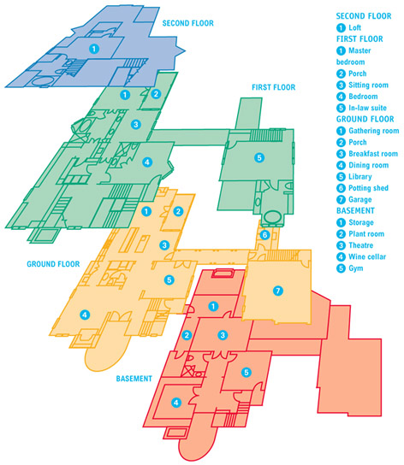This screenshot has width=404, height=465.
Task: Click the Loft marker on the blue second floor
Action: tap(94, 49)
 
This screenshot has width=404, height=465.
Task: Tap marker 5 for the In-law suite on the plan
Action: tap(259, 157)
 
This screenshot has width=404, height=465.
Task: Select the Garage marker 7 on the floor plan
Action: tap(278, 291)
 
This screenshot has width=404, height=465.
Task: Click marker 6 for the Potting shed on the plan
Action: tap(264, 235)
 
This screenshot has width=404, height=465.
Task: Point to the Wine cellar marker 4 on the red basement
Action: tap(176, 403)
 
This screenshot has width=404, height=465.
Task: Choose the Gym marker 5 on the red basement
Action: tap(247, 373)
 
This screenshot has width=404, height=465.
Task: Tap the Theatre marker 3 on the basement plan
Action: tap(223, 335)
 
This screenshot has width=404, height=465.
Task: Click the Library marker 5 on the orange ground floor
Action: tap(169, 280)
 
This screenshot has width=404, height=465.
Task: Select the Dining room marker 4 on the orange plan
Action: tap(85, 315)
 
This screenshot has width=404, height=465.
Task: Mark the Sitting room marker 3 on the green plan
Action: tap(136, 124)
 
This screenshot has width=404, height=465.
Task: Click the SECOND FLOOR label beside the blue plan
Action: tap(188, 23)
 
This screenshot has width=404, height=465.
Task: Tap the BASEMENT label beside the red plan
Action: tap(134, 379)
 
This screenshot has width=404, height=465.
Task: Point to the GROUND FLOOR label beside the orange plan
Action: tap(53, 264)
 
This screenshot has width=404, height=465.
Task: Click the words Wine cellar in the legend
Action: tap(367, 256)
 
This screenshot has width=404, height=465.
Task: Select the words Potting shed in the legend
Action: tap(368, 188)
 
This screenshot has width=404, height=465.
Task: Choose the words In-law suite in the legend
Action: tap(367, 108)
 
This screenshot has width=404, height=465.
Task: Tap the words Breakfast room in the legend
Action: tap(373, 154)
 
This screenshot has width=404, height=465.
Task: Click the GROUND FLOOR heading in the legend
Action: tap(365, 119)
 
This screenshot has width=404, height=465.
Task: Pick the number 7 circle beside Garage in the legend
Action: tap(341, 199)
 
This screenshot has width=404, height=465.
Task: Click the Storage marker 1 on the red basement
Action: tap(213, 306)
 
